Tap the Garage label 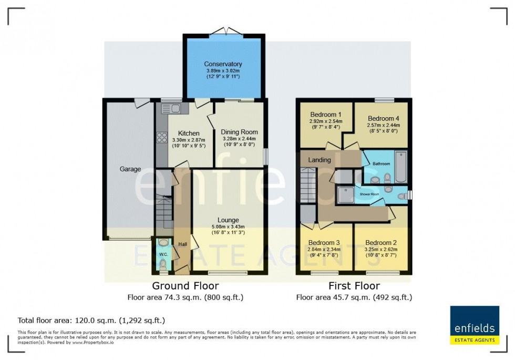click(130, 169)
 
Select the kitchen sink click(172, 109)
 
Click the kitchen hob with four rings click(161, 138)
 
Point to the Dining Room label click(239, 132)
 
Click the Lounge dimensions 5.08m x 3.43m click(228, 227)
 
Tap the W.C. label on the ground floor click(163, 254)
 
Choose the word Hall click(182, 244)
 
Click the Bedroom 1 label click(325, 115)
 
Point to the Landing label click(320, 160)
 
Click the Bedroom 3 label click(324, 242)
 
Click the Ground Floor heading click(186, 286)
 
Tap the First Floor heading click(354, 286)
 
